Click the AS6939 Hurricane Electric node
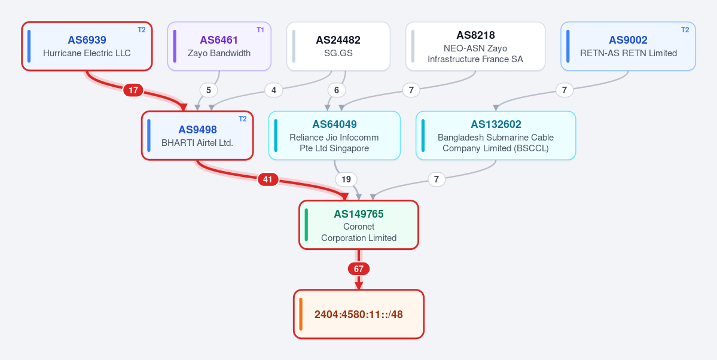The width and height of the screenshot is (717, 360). pos(87,46)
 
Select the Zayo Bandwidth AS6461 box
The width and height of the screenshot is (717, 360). pos(219,46)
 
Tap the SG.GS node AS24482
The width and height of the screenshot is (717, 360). pos(338,46)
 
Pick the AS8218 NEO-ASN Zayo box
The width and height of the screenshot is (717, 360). pos(475,46)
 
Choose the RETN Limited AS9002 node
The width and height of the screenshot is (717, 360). pos(628,46)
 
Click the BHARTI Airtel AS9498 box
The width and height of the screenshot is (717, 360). pos(197,135)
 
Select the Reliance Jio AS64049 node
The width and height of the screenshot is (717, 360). pos(334,135)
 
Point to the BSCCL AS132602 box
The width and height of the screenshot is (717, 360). pos(496,135)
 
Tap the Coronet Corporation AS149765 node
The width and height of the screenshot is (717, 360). pos(359,225)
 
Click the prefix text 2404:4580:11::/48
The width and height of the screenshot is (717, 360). pos(359,315)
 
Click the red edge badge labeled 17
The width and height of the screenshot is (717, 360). pos(133,90)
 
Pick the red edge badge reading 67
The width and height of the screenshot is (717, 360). pos(359,269)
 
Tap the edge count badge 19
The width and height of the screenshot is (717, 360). pos(346,179)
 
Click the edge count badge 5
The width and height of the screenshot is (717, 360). pos(209,90)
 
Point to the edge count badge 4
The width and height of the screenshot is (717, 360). pos(274,90)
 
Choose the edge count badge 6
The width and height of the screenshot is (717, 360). pos(337,90)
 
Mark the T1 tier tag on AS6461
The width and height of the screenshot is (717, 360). pos(260,30)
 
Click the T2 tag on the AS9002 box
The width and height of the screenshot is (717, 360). pos(685,30)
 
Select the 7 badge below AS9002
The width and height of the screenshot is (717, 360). pos(565,90)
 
